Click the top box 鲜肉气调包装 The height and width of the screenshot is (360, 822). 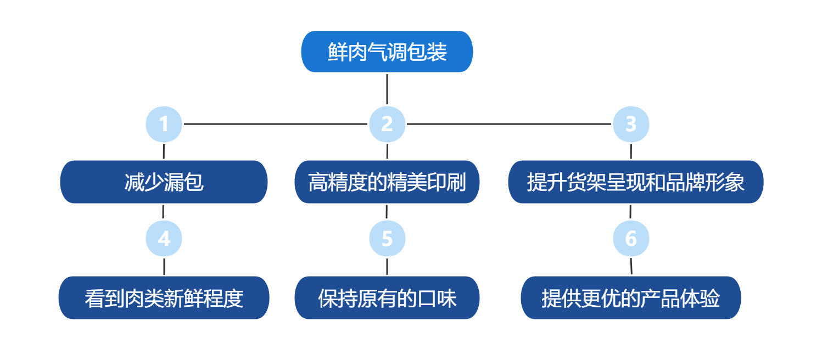coord(387,52)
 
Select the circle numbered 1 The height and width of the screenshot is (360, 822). coord(164,124)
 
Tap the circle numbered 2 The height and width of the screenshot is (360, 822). coord(387,124)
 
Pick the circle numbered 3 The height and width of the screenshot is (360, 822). coord(631,124)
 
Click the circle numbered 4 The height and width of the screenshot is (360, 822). coord(164,239)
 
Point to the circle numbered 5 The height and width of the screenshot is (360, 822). coord(387,239)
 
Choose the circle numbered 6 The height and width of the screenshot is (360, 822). coord(631,239)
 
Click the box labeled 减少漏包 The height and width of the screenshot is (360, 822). coord(164,182)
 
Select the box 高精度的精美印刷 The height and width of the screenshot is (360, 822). coord(387,182)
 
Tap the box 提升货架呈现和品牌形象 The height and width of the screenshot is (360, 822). coord(635,182)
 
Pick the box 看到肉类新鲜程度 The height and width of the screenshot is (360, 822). coord(164,298)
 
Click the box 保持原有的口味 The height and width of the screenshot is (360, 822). coord(387,298)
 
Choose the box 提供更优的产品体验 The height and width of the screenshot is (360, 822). coord(630,298)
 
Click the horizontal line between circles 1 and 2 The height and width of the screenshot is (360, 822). coord(275,124)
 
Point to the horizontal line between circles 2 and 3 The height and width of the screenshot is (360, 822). coord(508,124)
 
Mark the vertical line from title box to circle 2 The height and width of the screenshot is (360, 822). coord(387,89)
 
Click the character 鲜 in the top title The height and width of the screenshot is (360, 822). coord(337,52)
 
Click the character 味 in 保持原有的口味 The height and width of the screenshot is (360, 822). coord(447,299)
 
